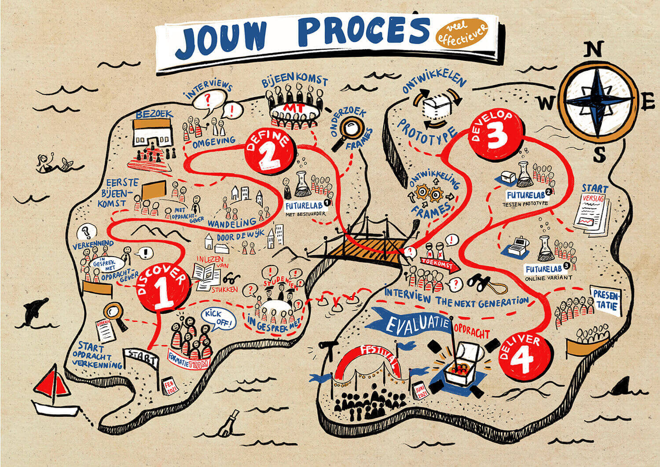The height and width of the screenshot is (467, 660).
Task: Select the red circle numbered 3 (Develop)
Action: pyautogui.click(x=496, y=132)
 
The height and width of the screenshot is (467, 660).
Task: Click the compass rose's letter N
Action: pyautogui.click(x=594, y=50)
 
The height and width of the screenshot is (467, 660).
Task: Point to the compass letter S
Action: pyautogui.click(x=600, y=154)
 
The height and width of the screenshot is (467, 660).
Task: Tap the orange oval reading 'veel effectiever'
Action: pyautogui.click(x=462, y=34)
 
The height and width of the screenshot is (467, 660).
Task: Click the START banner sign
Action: pyautogui.click(x=142, y=357)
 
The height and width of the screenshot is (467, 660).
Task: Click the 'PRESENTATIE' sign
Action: pyautogui.click(x=606, y=300)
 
